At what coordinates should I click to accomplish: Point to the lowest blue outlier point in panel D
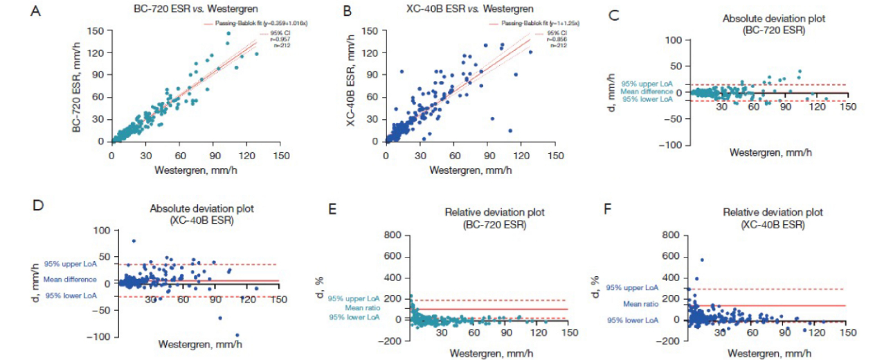(237, 335)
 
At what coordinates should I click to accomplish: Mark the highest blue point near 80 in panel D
(134, 241)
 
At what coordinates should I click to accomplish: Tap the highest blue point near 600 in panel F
(701, 260)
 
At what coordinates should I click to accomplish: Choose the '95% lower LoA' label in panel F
(632, 321)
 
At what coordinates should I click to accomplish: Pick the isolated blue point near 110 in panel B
(510, 130)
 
